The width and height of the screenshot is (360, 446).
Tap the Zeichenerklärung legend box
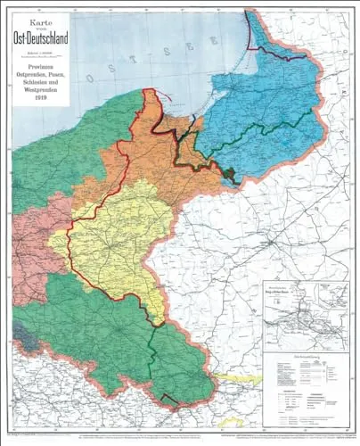click(x=304, y=361)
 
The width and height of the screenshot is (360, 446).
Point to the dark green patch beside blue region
click(x=229, y=176)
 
